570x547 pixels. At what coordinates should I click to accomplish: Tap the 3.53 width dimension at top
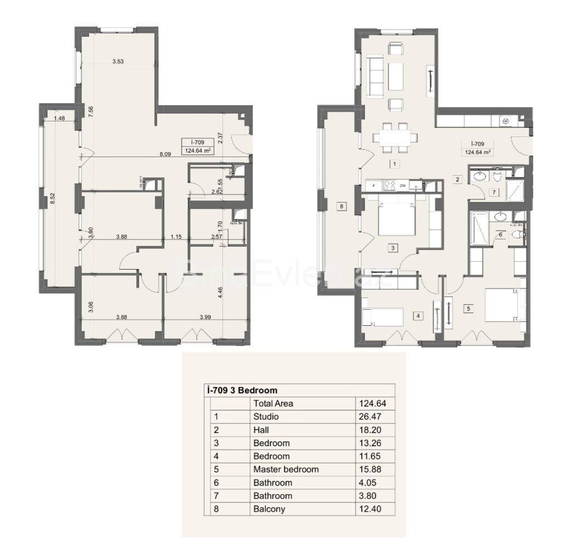pyautogui.click(x=117, y=61)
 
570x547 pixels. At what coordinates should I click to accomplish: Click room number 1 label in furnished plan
pyautogui.click(x=394, y=164)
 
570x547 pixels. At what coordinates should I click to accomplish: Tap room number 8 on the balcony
pyautogui.click(x=342, y=206)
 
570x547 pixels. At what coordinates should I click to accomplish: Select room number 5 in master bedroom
pyautogui.click(x=468, y=307)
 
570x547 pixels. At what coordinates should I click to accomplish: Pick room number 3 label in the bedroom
pyautogui.click(x=393, y=248)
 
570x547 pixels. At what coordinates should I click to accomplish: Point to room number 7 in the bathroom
pyautogui.click(x=493, y=193)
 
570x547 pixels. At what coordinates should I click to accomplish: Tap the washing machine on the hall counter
pyautogui.click(x=506, y=120)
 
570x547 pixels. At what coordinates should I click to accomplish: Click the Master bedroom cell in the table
pyautogui.click(x=286, y=469)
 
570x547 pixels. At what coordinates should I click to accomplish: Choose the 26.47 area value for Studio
pyautogui.click(x=369, y=416)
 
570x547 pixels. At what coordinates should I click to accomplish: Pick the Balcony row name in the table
pyautogui.click(x=269, y=509)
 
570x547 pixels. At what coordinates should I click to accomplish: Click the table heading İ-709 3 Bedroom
pyautogui.click(x=242, y=390)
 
